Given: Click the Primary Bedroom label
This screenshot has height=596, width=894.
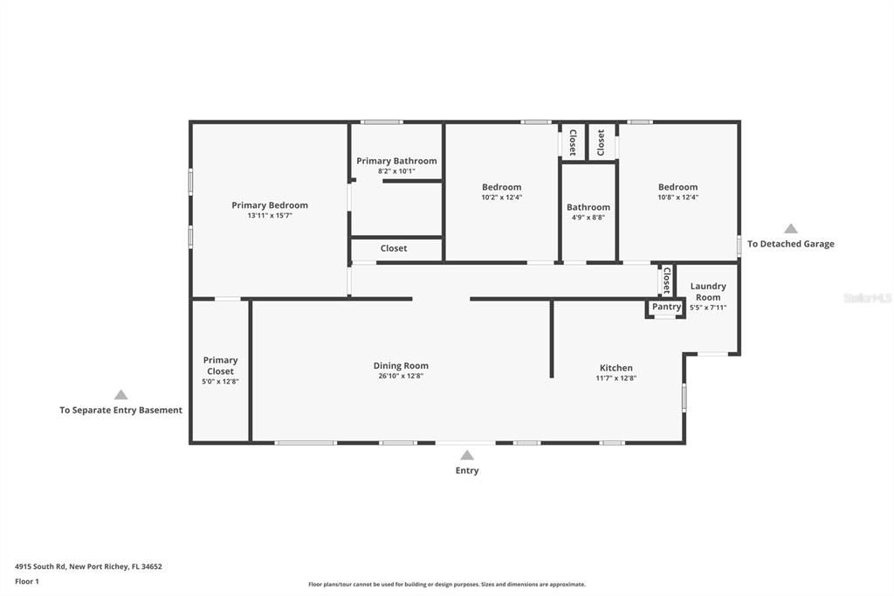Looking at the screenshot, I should pos(269,205).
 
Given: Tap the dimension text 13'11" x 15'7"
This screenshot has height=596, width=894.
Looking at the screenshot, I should pos(269,215).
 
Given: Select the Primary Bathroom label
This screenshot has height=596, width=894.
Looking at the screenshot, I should pos(396,161).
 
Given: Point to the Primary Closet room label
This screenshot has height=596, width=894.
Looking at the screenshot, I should pos(220,365).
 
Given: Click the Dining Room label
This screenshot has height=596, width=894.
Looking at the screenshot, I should pos(401,366).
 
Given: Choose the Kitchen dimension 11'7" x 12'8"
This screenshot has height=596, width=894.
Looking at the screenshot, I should pos(615,378).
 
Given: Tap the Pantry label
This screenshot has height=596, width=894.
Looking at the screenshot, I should pos(666,307).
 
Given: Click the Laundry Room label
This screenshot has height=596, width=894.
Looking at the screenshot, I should pos(707,292).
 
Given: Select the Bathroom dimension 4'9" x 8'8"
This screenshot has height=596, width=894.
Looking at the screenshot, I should pos(588,218).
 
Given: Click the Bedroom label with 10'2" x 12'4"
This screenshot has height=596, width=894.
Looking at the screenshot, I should pos(501,187).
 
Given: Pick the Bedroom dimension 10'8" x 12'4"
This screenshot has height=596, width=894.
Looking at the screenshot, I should pos(677,198).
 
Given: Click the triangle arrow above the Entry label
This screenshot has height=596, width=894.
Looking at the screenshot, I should pos(467,454).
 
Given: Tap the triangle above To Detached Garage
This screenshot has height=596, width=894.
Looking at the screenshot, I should pos(790,228).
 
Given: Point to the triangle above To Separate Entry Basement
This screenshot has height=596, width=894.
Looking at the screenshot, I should pos(120,395).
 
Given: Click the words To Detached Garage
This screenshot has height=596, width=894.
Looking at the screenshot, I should pos(790,244).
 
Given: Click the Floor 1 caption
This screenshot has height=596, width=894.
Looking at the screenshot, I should pos(27,581).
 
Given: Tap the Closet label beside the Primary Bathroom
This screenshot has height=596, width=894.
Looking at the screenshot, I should pos(394,248).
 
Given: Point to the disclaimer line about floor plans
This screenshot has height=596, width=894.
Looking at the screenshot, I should pos(446,585).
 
